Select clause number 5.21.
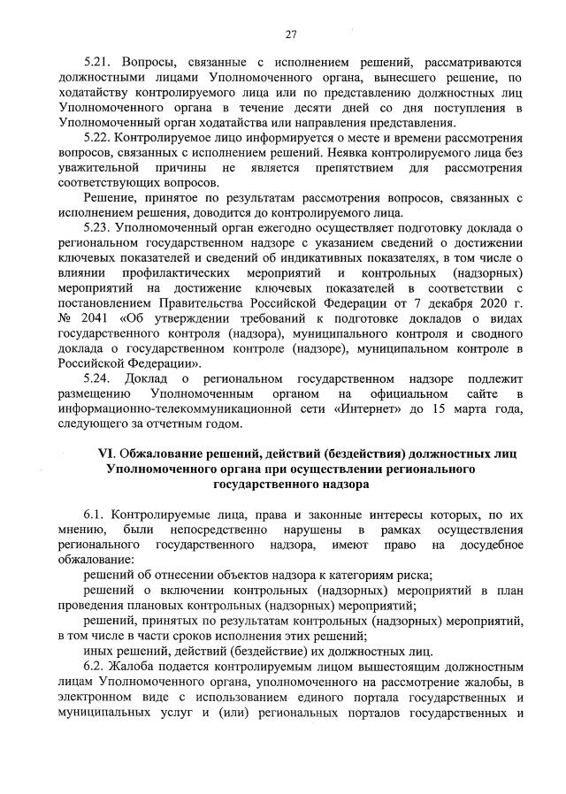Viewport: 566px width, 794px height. pos(97,65)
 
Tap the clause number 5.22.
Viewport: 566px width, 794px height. pos(97,139)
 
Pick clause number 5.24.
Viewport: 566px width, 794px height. pos(97,378)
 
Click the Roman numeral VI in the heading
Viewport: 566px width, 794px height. pos(103,454)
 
